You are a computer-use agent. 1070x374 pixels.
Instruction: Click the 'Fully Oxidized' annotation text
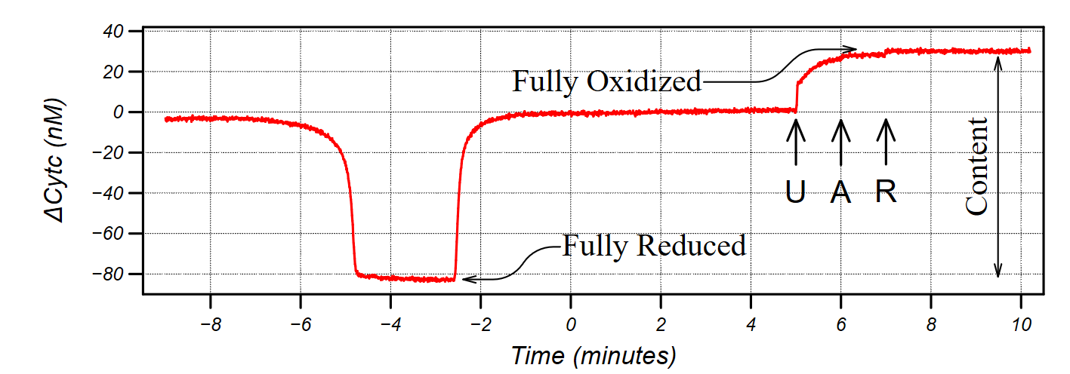[x=607, y=81]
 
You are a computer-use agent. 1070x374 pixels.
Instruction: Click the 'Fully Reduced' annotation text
[x=654, y=245]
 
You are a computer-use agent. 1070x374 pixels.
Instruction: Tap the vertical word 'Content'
[x=977, y=166]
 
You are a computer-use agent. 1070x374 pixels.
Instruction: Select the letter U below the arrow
[x=795, y=193]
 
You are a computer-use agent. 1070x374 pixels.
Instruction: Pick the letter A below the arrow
[x=840, y=193]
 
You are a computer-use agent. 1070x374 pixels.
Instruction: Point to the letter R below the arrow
[x=886, y=192]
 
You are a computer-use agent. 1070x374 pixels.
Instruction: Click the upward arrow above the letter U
[x=795, y=142]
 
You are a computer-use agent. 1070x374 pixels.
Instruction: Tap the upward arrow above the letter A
[x=840, y=142]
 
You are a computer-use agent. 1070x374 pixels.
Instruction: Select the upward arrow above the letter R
[x=886, y=142]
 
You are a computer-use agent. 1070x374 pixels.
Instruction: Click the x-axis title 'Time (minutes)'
[x=593, y=354]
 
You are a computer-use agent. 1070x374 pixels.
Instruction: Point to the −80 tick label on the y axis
[x=107, y=274]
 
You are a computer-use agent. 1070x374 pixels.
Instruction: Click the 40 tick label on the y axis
[x=114, y=32]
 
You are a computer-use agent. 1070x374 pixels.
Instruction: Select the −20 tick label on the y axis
[x=107, y=153]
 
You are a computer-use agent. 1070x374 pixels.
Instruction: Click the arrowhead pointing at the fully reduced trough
[x=467, y=279]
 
